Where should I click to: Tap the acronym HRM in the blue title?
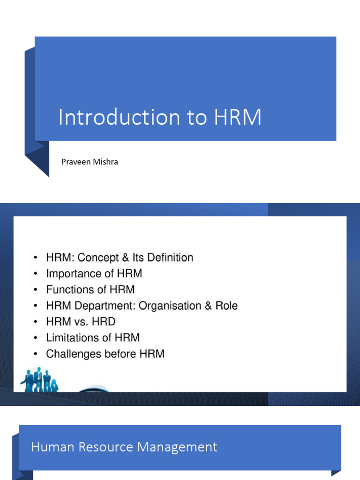tap(238, 117)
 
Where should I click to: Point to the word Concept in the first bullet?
tap(97, 258)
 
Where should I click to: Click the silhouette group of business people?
tap(39, 379)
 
